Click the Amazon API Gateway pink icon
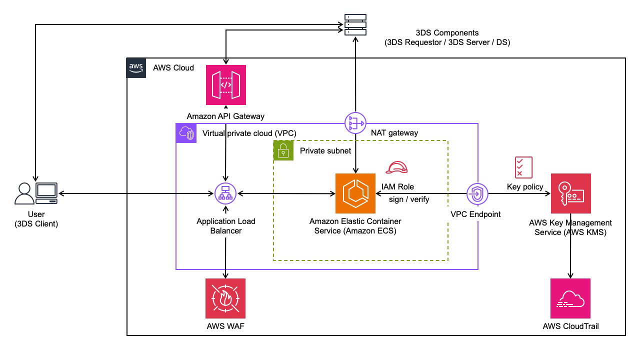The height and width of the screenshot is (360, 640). coord(226,85)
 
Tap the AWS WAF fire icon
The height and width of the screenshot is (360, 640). coord(225,298)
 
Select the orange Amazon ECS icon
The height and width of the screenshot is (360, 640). coord(355,193)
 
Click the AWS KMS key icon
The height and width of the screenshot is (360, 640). coord(570,193)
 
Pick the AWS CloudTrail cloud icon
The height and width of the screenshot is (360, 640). coord(570,298)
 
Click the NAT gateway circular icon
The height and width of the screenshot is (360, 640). coord(355,123)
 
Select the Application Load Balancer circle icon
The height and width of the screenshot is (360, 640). coord(225,193)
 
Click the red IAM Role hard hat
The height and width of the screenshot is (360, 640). coord(397,168)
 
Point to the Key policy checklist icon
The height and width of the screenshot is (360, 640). coord(523,167)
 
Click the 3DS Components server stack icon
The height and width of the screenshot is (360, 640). coord(355,24)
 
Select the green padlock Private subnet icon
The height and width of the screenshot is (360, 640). coord(283,150)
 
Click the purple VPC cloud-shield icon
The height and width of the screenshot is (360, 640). coord(185,133)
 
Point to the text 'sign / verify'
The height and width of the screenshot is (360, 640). coord(409,199)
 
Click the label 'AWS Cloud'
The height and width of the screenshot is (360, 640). coord(173,67)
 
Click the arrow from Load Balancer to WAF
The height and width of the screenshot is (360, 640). coord(225,257)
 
